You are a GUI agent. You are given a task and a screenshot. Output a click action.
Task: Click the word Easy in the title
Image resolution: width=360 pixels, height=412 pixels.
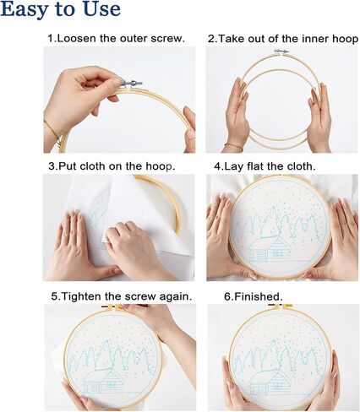(x=25, y=9)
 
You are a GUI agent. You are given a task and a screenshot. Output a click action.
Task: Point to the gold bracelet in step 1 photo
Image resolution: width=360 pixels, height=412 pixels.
(x=53, y=133)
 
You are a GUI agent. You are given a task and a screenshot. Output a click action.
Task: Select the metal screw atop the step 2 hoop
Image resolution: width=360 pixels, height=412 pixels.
(x=281, y=51)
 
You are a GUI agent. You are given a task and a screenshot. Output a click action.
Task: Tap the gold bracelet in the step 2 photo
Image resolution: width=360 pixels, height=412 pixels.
(x=233, y=146)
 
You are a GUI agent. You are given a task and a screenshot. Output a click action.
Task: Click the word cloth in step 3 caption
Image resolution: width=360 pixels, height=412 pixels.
(x=92, y=166)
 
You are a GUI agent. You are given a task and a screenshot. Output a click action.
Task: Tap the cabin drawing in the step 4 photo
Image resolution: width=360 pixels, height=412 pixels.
(x=270, y=249)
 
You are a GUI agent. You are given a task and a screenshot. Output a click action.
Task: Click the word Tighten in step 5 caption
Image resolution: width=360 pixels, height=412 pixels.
(x=80, y=296)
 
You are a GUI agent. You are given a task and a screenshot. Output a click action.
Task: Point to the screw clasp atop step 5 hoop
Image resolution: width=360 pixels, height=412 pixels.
(x=112, y=307)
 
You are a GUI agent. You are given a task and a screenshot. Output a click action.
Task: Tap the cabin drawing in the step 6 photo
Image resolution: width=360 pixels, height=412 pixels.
(x=270, y=382)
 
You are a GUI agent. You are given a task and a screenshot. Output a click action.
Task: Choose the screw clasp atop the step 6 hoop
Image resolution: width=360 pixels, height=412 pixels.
(x=280, y=306)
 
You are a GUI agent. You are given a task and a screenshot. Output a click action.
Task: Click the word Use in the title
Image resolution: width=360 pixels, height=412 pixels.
(x=101, y=9)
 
